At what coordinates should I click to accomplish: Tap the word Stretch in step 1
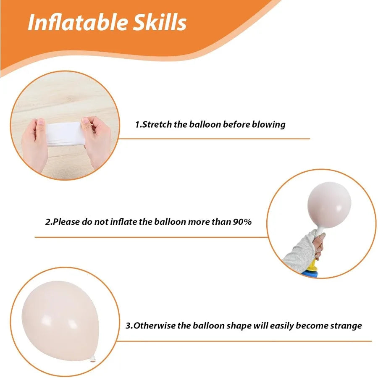[x=157, y=124]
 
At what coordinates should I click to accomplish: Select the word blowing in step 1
[x=269, y=125]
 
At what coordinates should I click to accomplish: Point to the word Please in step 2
[x=66, y=222]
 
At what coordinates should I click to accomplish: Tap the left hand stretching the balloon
[x=35, y=144]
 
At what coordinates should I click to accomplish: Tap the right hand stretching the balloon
[x=97, y=141]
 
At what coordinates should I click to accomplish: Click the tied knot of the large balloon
[x=93, y=360]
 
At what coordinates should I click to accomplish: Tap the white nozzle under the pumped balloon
[x=319, y=230]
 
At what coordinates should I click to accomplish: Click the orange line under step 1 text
[x=214, y=139]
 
